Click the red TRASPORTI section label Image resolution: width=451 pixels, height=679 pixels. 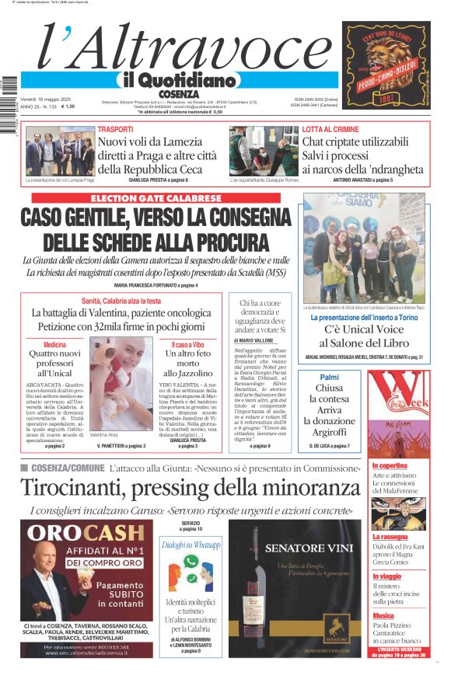[115, 129]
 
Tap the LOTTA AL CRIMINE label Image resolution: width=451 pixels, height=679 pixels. [330, 129]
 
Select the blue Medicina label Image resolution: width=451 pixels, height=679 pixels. [54, 344]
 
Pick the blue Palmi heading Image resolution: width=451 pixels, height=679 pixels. [329, 377]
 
